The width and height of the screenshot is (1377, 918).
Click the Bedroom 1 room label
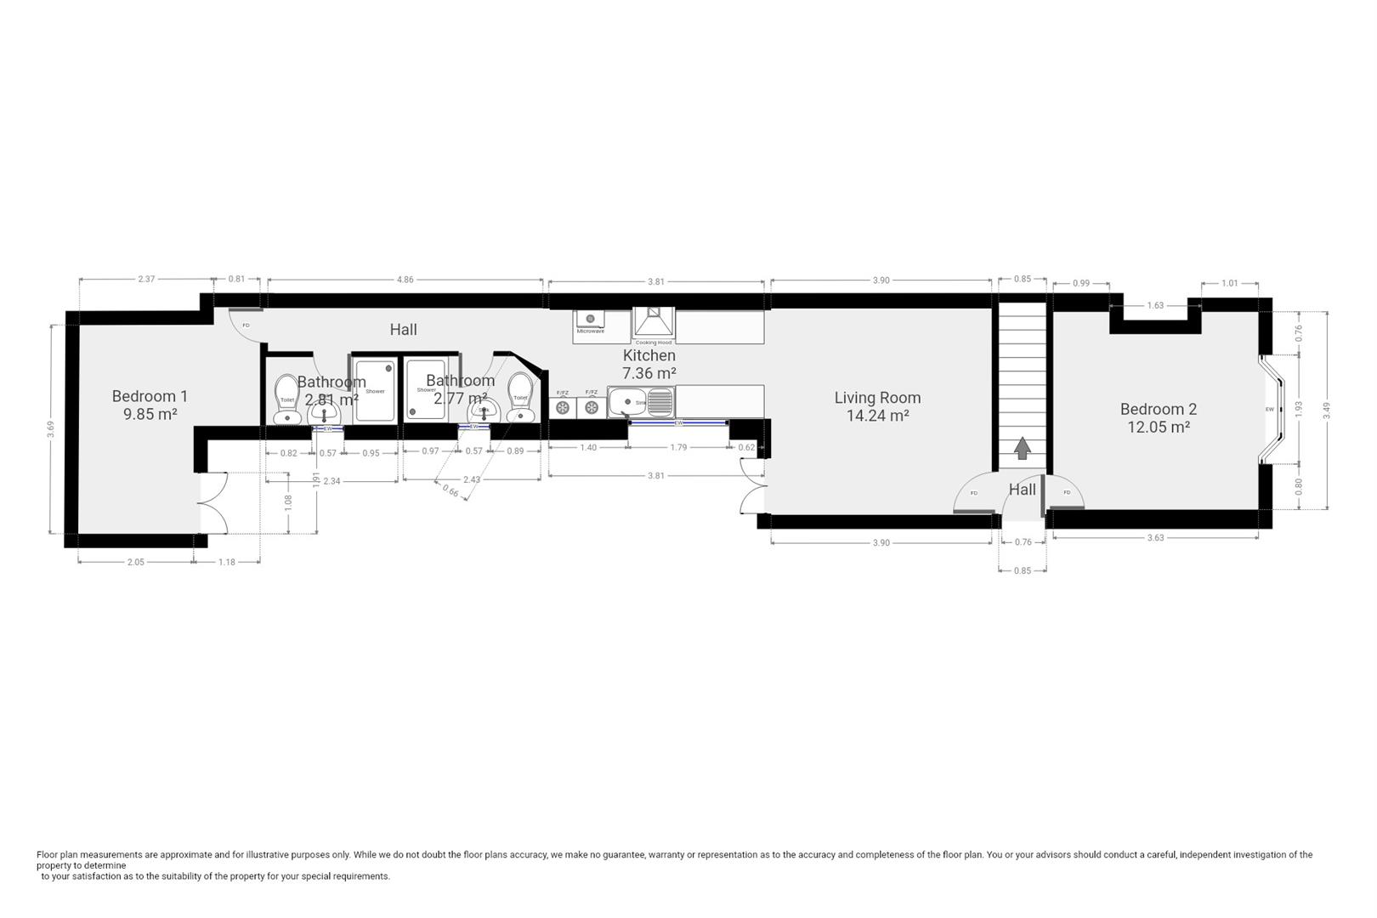click(150, 396)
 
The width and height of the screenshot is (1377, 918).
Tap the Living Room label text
click(877, 397)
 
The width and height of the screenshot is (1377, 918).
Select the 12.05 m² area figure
click(1158, 428)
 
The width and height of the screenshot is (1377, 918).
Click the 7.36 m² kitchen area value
click(649, 373)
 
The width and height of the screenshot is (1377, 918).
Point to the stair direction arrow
click(1022, 448)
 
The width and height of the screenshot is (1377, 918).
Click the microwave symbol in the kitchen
click(590, 321)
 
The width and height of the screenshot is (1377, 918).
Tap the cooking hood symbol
click(653, 324)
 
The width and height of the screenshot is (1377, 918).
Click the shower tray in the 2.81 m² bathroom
click(375, 389)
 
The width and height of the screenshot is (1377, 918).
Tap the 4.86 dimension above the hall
click(405, 280)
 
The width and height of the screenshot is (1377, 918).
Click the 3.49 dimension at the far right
click(1326, 410)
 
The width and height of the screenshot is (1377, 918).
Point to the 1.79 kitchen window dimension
click(678, 448)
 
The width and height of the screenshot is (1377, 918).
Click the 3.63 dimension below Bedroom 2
click(1155, 537)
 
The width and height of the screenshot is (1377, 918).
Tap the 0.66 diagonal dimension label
click(450, 490)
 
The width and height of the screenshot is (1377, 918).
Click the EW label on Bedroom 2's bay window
click(1270, 410)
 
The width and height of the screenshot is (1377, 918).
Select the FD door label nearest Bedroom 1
click(246, 326)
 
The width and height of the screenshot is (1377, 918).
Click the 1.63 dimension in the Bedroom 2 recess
click(1155, 306)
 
